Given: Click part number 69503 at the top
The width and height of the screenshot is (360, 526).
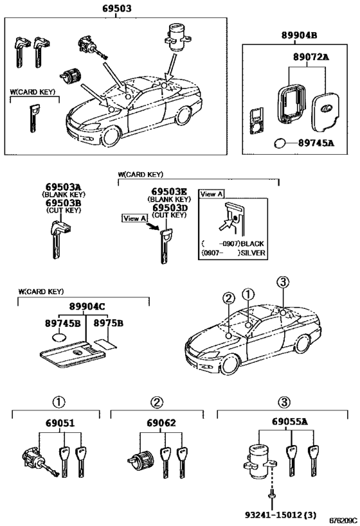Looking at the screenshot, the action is click(117, 8).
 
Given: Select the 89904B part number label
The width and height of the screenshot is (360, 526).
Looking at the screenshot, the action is click(299, 35).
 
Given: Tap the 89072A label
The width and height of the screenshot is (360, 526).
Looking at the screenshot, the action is click(311, 57).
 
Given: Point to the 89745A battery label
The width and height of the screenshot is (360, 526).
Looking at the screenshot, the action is click(316, 143).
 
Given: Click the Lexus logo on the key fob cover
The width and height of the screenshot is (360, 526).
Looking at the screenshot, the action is click(325, 108).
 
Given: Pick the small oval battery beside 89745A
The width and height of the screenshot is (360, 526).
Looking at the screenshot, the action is click(280, 144).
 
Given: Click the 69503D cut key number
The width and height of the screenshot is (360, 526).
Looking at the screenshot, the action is click(170, 207).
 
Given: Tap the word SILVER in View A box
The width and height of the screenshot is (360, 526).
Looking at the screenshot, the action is click(253, 253).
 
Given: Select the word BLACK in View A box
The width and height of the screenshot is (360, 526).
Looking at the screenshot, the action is click(252, 243).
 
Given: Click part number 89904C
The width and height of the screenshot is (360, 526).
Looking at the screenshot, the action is click(87, 306).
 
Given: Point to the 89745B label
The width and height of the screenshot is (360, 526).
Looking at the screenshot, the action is click(63, 324).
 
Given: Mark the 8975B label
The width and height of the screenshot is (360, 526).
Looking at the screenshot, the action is click(108, 324).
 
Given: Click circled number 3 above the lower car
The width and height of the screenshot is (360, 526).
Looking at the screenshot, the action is click(283, 282).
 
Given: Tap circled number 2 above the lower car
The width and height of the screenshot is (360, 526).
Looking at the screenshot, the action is click(228, 298).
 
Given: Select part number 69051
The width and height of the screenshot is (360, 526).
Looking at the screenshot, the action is click(60, 423).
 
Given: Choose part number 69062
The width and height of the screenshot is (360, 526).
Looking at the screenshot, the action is click(161, 423).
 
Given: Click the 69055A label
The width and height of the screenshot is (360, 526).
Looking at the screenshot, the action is click(289, 422).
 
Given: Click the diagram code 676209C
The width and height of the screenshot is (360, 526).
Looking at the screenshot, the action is click(343, 521).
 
